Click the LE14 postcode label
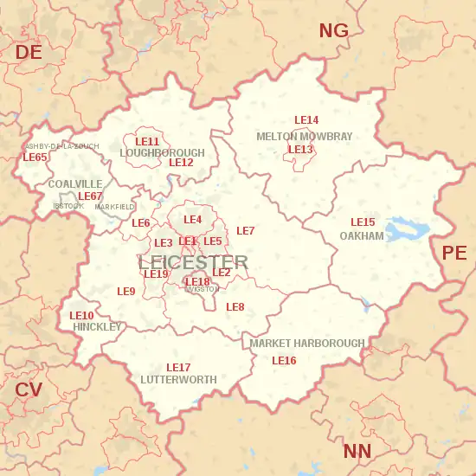pos(306,120)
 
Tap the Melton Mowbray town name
pos(304,137)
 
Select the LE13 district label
pos(300,150)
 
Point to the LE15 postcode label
pos(363,222)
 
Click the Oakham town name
pos(361,236)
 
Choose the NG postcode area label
pos(333,31)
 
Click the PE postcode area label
pos(453,253)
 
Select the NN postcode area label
pos(357,451)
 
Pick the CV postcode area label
pos(29,390)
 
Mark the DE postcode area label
pos(29,53)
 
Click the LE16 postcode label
pos(284,361)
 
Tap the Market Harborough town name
pos(307,344)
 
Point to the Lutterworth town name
pos(178,380)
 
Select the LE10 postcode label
pos(81,316)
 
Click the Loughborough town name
pos(162,153)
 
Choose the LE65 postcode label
pos(35,158)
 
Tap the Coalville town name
pos(74,184)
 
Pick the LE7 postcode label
pos(245,231)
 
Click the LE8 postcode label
pos(235,307)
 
